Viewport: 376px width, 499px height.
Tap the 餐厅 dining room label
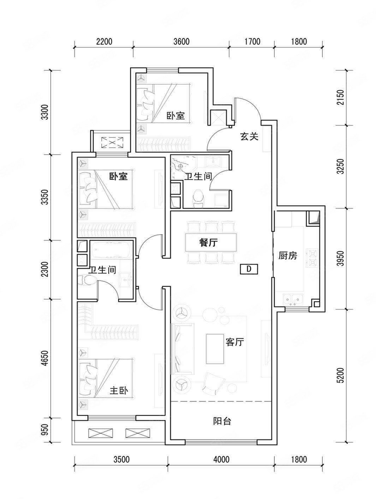pos(208,243)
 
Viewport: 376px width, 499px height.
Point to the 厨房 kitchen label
pos(288,256)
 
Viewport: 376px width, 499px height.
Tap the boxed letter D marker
pos(249,269)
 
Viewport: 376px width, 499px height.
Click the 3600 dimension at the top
pos(181,42)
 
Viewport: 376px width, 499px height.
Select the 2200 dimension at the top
pos(104,42)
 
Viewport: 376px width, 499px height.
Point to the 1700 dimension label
pos(252,42)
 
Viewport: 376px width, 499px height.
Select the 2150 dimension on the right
pos(341,98)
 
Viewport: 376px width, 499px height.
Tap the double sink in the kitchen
pos(293,299)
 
